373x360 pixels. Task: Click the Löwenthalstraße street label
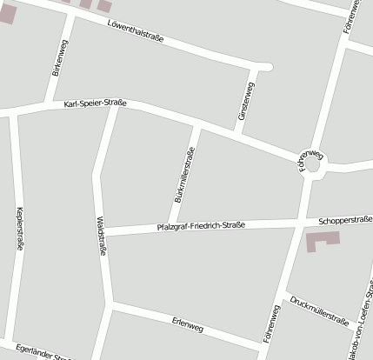point(143,32)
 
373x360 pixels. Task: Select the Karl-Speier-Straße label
point(96,104)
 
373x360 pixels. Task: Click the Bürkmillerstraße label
point(183,176)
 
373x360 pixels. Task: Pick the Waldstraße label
point(103,237)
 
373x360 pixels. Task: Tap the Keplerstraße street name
point(19,229)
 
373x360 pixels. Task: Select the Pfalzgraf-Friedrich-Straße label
point(201,225)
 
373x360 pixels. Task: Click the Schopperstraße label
point(345,220)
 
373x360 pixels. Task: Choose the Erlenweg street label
point(187,326)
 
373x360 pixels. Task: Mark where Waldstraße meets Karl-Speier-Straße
point(115,106)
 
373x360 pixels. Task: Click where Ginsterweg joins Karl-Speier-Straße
point(236,132)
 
